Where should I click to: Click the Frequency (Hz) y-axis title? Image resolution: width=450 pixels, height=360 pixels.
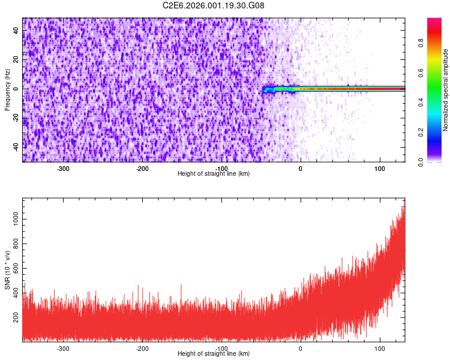(x=7, y=89)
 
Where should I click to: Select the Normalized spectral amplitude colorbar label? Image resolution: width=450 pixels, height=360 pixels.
(x=446, y=90)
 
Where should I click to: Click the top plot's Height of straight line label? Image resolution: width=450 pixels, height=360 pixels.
(x=214, y=173)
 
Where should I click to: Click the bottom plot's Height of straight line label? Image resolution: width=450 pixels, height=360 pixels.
(x=214, y=353)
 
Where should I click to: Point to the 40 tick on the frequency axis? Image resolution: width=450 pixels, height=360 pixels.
(x=16, y=31)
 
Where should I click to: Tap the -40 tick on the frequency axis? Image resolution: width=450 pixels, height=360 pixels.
(x=16, y=146)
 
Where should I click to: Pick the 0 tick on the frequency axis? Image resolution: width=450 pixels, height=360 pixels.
(x=16, y=89)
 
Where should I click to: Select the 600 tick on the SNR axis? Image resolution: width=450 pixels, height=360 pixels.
(x=16, y=267)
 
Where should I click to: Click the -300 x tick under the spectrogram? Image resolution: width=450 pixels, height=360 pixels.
(x=63, y=168)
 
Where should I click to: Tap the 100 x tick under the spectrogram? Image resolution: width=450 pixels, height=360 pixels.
(x=379, y=168)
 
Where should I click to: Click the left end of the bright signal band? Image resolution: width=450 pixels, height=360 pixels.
(x=264, y=89)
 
